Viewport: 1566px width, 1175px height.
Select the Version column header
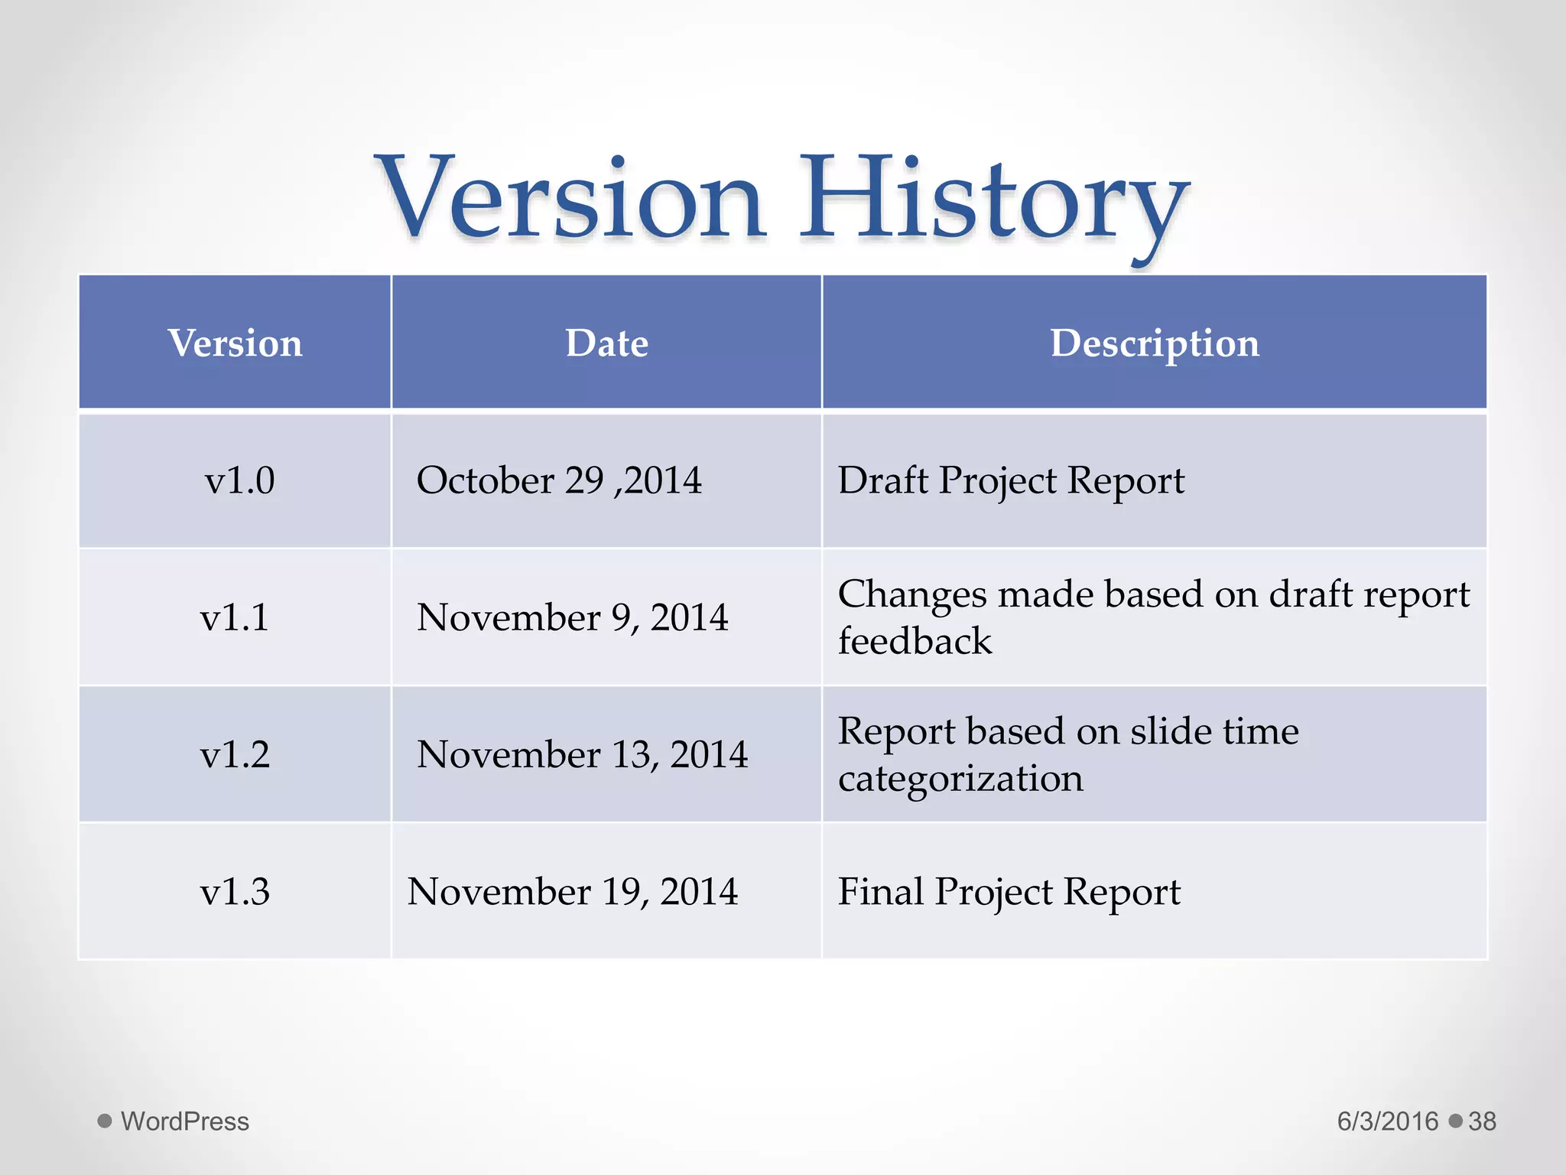tap(236, 343)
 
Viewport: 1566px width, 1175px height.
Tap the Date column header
tap(606, 343)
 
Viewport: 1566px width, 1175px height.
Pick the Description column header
tap(1154, 343)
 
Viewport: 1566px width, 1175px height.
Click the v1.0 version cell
tap(239, 480)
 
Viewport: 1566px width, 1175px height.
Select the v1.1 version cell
tap(235, 617)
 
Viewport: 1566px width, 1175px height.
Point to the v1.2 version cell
tap(235, 754)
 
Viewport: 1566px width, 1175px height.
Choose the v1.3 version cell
tap(235, 891)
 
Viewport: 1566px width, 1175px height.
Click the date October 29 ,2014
tap(559, 480)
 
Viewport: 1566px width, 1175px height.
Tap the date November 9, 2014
tap(572, 617)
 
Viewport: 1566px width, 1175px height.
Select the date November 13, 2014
tap(582, 754)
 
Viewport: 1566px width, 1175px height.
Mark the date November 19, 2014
tap(573, 891)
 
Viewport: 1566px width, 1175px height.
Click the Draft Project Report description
tap(1011, 481)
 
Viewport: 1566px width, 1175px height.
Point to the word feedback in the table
tap(915, 641)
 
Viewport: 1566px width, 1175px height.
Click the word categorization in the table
tap(960, 779)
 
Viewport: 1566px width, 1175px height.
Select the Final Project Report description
tap(1009, 892)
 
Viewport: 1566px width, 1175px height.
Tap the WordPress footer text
tap(185, 1121)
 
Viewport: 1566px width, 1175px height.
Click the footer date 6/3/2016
tap(1387, 1121)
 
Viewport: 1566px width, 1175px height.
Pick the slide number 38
tap(1482, 1121)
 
